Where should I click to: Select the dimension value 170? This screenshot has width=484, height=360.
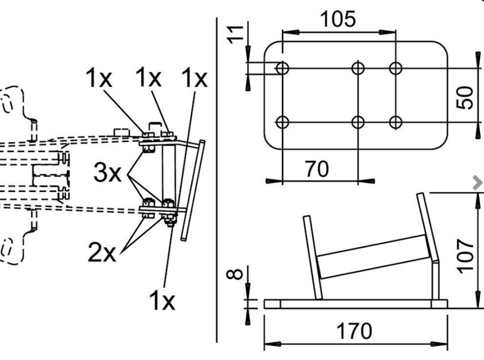355,331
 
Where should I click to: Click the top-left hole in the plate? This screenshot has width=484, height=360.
283,68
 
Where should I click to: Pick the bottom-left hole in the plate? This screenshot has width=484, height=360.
283,121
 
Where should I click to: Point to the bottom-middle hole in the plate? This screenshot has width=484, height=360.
358,121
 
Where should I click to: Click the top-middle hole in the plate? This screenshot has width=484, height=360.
358,68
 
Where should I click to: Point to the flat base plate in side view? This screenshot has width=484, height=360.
355,304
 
